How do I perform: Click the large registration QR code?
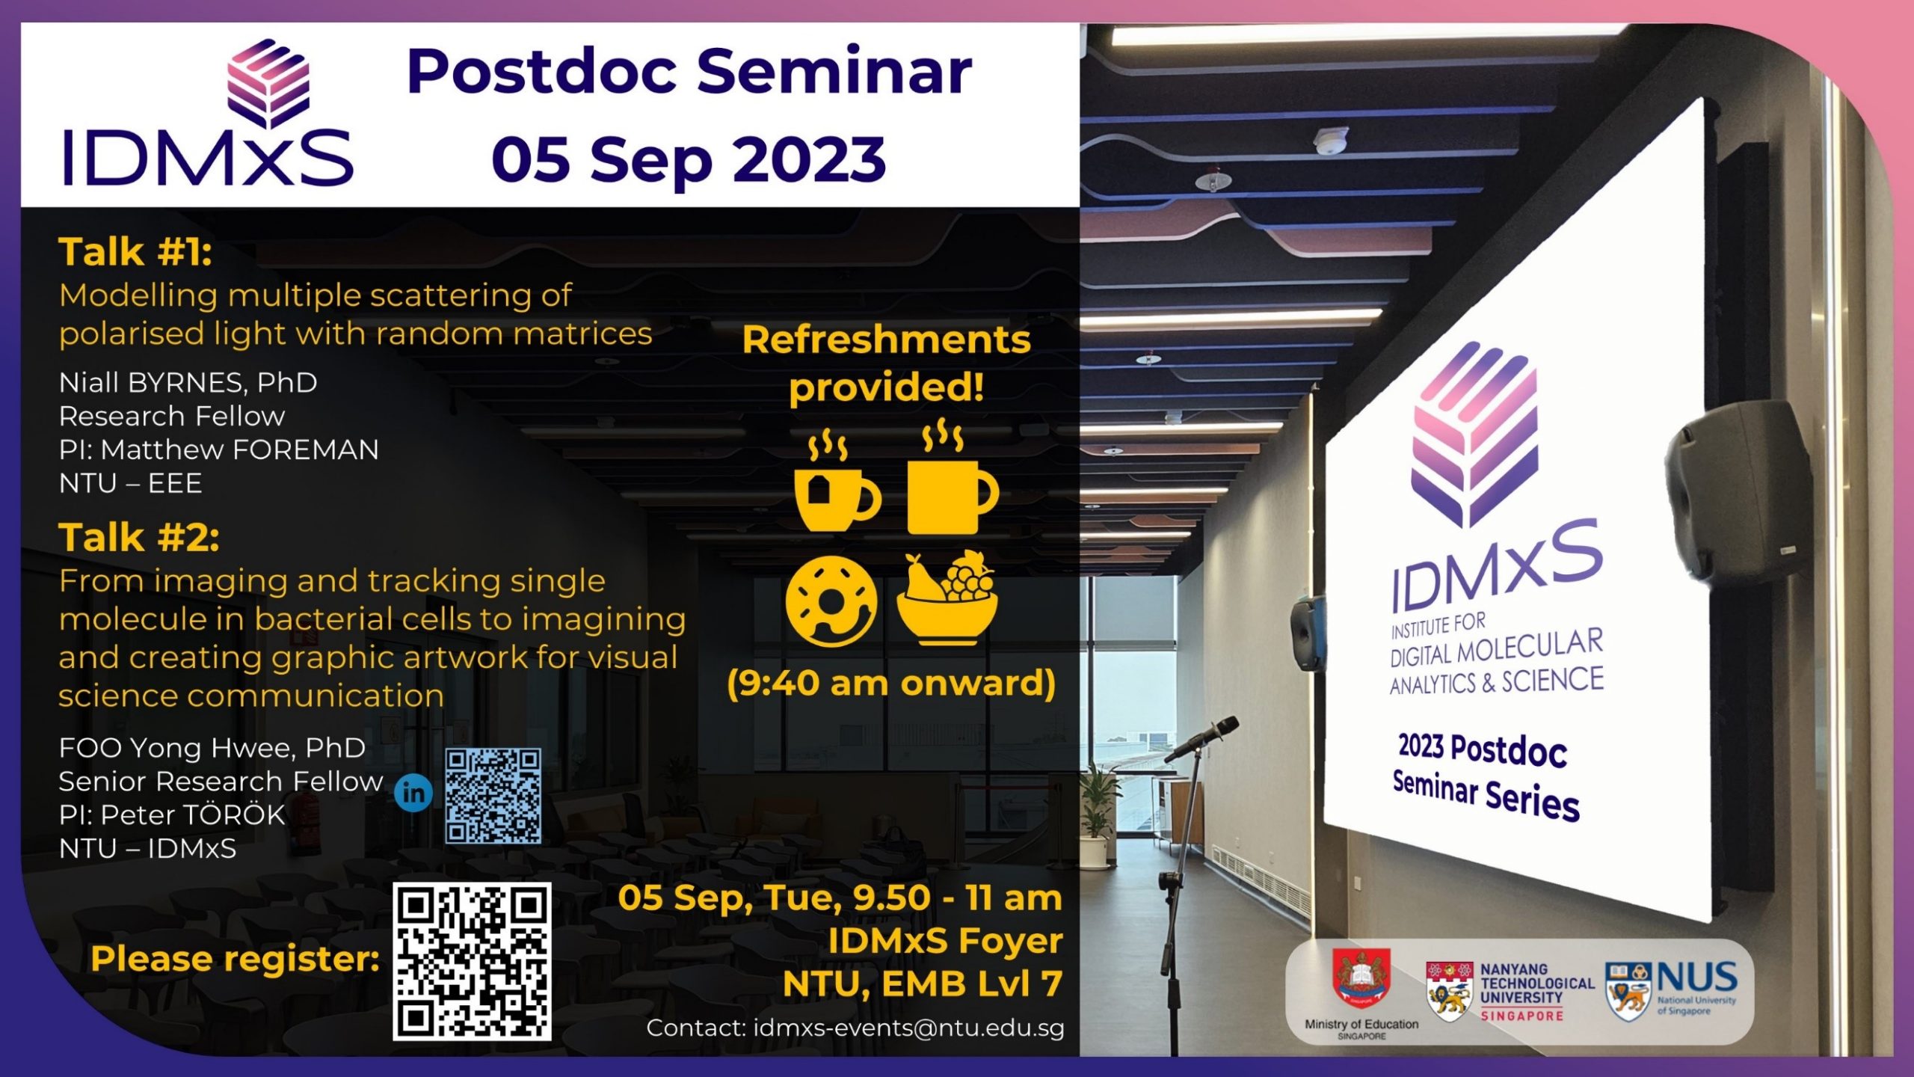tap(472, 961)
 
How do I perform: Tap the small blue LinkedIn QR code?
tap(493, 796)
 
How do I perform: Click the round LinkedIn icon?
tap(413, 793)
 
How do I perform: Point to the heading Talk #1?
tap(135, 251)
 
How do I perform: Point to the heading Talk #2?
tap(139, 537)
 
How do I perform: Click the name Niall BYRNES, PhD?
tap(188, 382)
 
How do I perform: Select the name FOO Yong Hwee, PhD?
tap(212, 747)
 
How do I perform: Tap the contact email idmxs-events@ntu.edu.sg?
tap(908, 1028)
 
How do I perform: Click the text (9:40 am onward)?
tap(891, 682)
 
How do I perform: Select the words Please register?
tap(235, 959)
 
